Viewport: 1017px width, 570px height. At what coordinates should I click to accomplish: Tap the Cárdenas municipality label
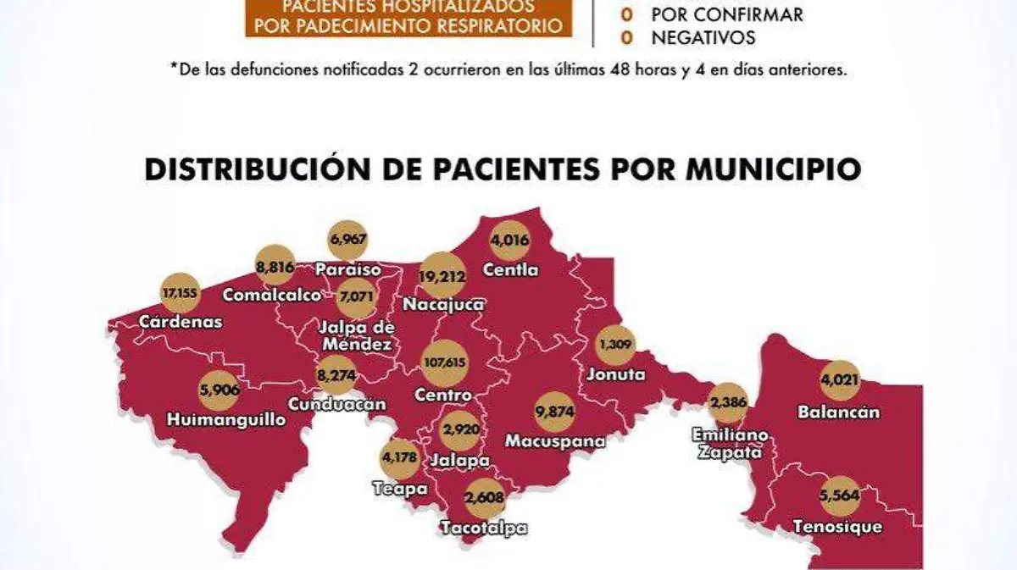pyautogui.click(x=181, y=322)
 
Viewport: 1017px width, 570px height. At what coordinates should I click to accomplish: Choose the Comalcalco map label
pyautogui.click(x=272, y=296)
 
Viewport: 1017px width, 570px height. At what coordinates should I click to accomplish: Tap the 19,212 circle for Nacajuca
pyautogui.click(x=444, y=275)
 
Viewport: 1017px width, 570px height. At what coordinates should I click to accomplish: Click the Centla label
pyautogui.click(x=510, y=271)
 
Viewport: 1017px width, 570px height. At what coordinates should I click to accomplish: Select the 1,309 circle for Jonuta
pyautogui.click(x=615, y=346)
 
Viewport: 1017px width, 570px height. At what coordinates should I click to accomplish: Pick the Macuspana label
pyautogui.click(x=555, y=441)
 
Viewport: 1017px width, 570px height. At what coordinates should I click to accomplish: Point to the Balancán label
pyautogui.click(x=838, y=412)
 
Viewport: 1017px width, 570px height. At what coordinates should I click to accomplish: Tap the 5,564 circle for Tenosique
pyautogui.click(x=839, y=497)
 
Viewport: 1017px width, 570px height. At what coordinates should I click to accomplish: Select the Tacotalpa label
pyautogui.click(x=484, y=528)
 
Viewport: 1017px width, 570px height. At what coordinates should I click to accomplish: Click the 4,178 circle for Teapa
pyautogui.click(x=400, y=460)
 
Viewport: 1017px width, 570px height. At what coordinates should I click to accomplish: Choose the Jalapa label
pyautogui.click(x=460, y=461)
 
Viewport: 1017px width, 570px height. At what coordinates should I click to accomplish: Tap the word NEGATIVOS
pyautogui.click(x=703, y=37)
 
